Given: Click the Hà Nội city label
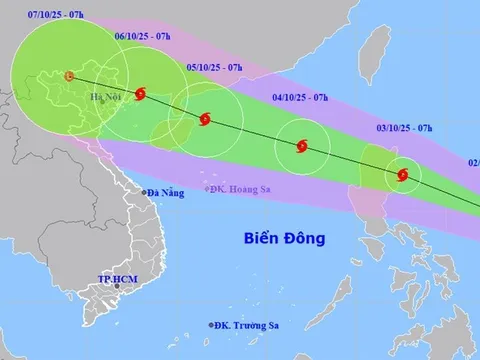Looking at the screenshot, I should tap(105, 97).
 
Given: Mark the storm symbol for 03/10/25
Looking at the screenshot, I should tap(403, 175).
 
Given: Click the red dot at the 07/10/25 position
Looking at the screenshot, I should tap(67, 76).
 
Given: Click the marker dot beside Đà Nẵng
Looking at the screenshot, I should tap(144, 192).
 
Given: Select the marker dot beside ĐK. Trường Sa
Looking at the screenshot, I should tap(212, 325).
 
